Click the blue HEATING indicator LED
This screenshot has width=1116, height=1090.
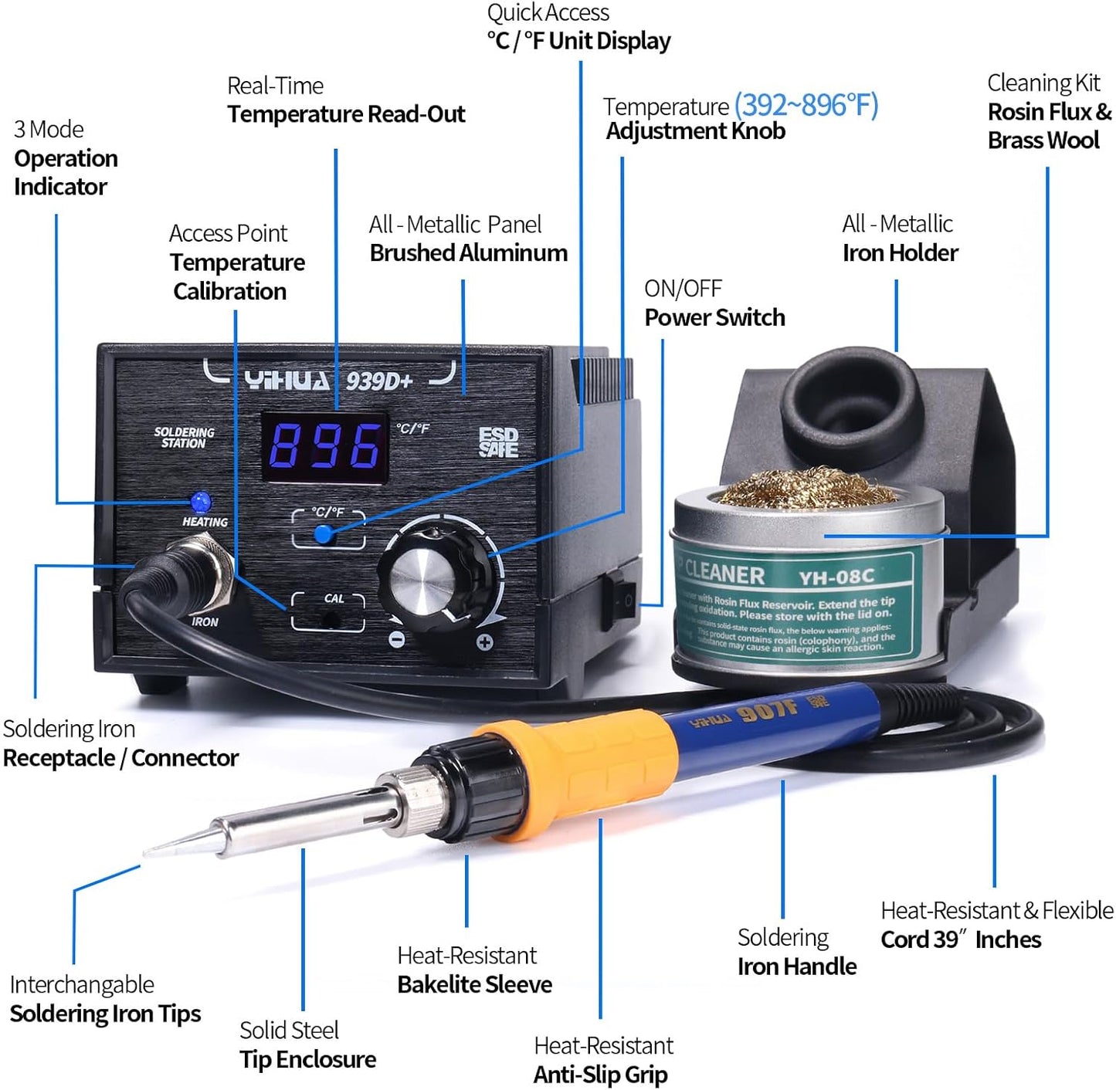click(x=201, y=502)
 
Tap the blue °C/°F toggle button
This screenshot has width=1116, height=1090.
click(x=324, y=533)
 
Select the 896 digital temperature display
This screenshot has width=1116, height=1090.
click(x=325, y=447)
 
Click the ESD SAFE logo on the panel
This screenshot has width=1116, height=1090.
click(x=498, y=442)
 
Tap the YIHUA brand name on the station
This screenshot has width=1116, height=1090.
click(x=287, y=381)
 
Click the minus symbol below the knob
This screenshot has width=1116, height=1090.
click(x=396, y=640)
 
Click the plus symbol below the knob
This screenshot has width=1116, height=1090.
click(x=484, y=641)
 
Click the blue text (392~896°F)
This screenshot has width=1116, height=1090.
click(x=806, y=104)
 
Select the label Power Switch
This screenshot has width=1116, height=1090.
click(x=714, y=317)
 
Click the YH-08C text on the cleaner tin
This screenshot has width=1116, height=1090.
click(x=836, y=577)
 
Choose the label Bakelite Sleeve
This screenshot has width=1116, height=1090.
click(x=474, y=984)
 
